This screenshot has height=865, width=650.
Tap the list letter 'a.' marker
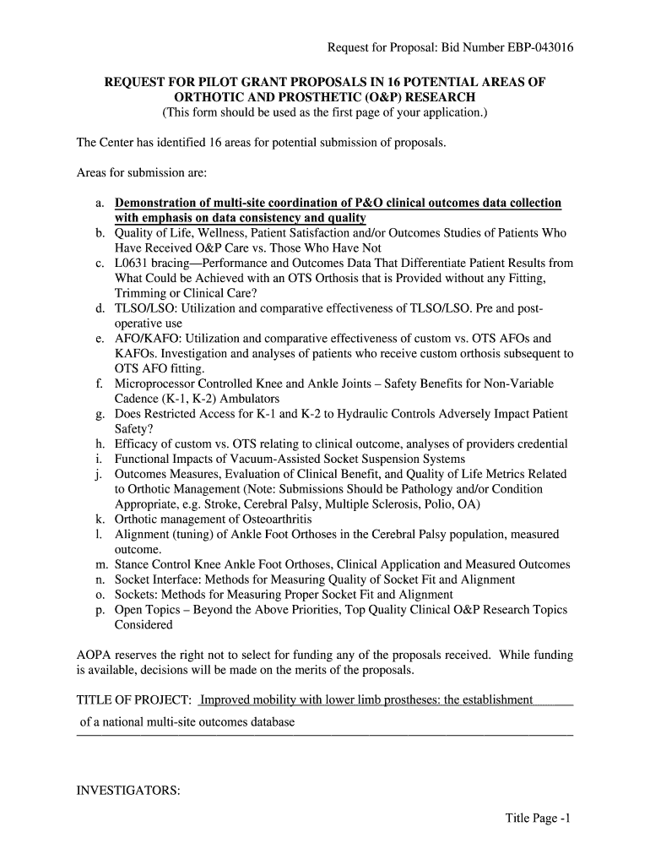click(x=100, y=204)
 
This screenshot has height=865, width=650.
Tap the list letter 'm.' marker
click(x=101, y=564)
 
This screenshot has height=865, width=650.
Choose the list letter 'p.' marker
click(x=100, y=610)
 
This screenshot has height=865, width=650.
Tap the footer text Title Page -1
click(x=539, y=818)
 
